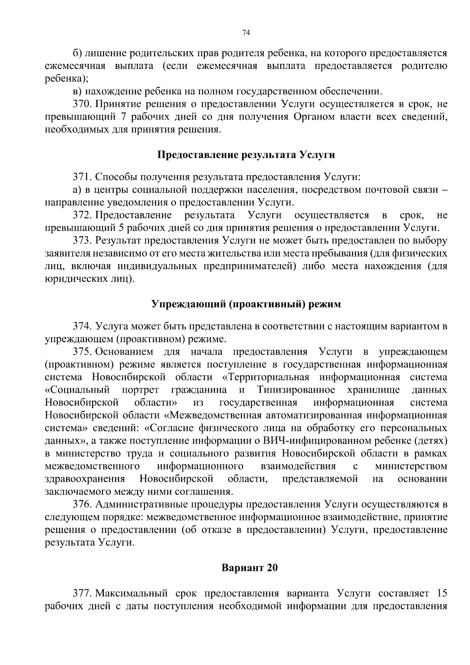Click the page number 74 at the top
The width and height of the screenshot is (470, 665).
tap(246, 33)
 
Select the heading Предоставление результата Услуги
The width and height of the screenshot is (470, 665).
tap(246, 155)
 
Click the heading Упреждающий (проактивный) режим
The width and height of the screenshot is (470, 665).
tap(246, 304)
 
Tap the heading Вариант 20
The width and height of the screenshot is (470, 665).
tap(249, 567)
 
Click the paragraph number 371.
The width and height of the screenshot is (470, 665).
tap(82, 177)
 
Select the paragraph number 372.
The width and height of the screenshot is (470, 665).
tap(82, 215)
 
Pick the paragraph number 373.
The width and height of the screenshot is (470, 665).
tap(82, 241)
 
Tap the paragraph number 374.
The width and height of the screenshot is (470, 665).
tap(82, 326)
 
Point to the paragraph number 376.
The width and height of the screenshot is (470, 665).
tap(82, 504)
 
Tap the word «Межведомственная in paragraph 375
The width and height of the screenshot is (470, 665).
tap(212, 415)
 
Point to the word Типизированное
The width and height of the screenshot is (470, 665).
tap(296, 390)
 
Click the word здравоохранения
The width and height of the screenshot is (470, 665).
tap(85, 479)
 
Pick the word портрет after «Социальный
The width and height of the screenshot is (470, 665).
tap(140, 390)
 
